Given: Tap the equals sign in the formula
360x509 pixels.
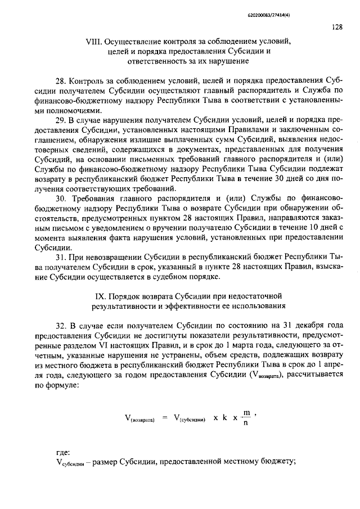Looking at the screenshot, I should (165, 417).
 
